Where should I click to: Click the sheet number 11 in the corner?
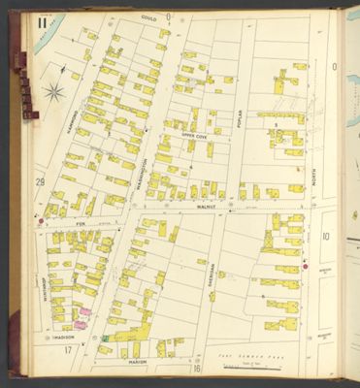pyautogui.click(x=41, y=22)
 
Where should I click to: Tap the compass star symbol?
pyautogui.click(x=54, y=93)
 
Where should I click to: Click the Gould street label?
pyautogui.click(x=148, y=17)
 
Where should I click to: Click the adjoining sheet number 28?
pyautogui.click(x=40, y=181)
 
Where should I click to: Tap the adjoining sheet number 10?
pyautogui.click(x=326, y=236)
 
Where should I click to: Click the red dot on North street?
pyautogui.click(x=306, y=265)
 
